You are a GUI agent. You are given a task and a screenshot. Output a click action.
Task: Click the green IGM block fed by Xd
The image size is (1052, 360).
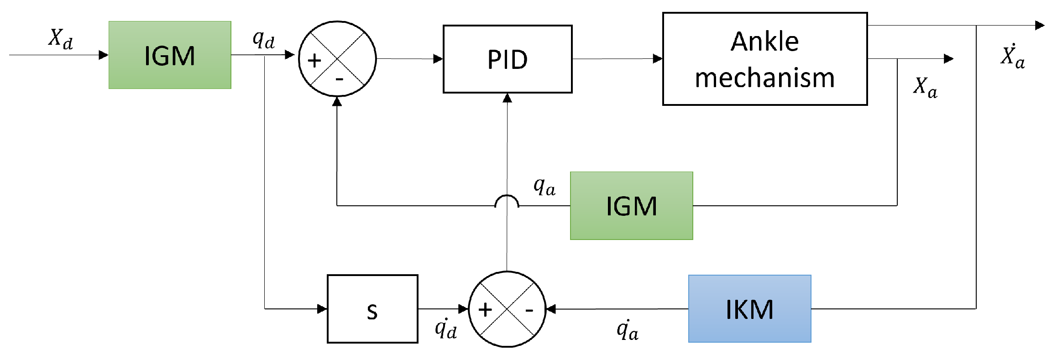170,55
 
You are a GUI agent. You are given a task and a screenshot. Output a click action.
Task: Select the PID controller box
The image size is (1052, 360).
507,59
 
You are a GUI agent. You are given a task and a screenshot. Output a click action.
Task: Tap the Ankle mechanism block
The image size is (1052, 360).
764,59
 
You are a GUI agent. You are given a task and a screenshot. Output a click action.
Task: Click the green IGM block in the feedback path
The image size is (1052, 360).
631,206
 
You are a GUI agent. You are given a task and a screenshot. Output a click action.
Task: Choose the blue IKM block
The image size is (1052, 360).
749,309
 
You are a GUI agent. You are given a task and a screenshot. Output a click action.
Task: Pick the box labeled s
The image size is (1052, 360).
372,309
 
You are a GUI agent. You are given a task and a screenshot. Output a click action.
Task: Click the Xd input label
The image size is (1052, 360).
60,38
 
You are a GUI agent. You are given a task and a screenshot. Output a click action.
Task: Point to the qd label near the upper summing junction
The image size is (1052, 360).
264,39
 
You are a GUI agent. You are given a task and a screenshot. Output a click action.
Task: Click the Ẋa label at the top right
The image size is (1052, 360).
1012,57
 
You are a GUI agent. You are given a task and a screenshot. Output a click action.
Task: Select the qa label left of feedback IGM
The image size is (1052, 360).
544,187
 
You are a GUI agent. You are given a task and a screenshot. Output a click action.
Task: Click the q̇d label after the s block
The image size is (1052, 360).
445,328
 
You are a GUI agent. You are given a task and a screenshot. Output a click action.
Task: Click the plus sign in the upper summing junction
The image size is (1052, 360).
314,61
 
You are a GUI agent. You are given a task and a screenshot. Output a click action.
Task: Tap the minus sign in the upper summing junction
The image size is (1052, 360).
339,79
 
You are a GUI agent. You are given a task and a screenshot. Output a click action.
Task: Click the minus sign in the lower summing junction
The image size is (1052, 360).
529,311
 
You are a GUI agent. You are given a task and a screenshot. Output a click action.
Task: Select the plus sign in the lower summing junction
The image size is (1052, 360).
485,310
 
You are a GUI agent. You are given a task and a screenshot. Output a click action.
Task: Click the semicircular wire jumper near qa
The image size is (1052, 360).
507,201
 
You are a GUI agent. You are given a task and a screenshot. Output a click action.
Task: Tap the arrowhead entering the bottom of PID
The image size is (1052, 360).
507,98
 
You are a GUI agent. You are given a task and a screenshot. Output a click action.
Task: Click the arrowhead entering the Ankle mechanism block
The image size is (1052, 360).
658,58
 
